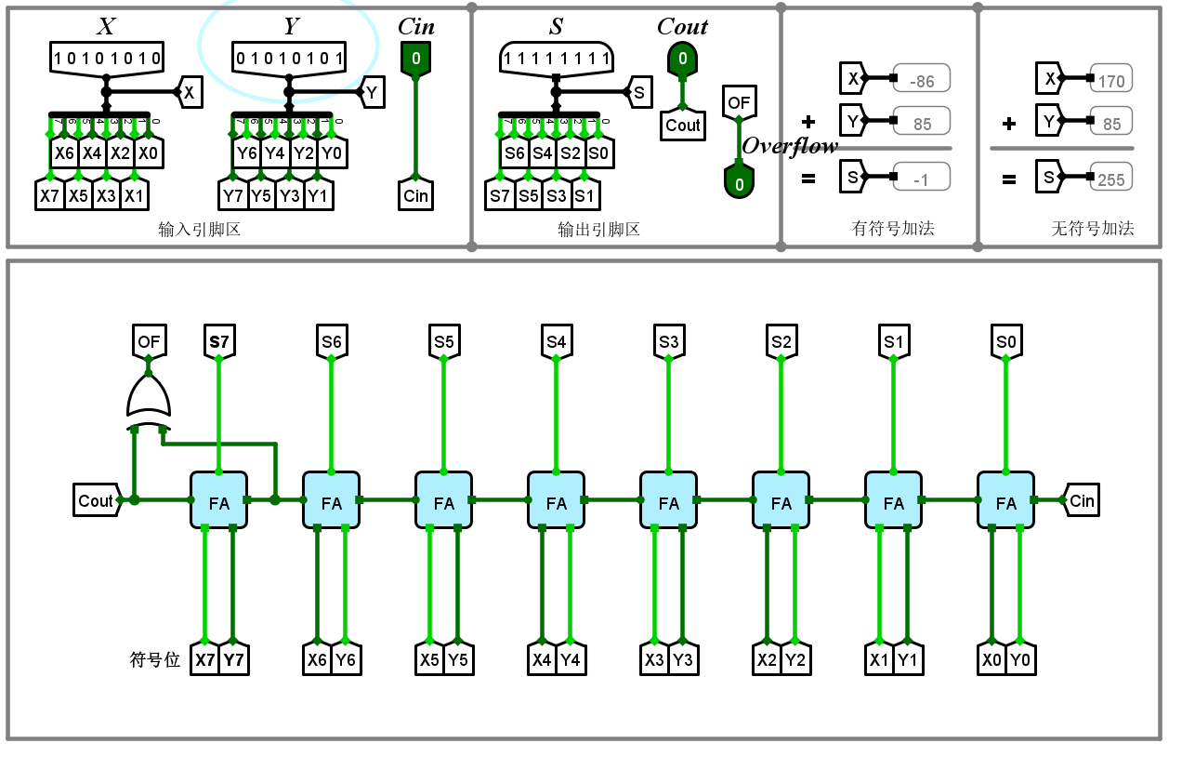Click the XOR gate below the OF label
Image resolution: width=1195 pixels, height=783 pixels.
tap(149, 397)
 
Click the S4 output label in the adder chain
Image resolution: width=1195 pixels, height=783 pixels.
tap(556, 342)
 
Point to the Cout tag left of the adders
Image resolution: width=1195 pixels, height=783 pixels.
tap(97, 500)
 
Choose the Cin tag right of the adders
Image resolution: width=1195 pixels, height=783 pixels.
tap(1081, 500)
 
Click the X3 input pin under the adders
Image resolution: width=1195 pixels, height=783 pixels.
tap(654, 660)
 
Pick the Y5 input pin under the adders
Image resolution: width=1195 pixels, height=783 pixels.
tap(458, 660)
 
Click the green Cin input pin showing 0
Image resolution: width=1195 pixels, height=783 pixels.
tap(415, 60)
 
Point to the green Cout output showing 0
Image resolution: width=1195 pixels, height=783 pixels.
tap(682, 60)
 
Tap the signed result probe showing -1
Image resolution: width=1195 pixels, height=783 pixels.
tap(921, 179)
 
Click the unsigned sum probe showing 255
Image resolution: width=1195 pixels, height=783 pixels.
tap(1110, 179)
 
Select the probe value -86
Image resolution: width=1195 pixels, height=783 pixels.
tap(921, 81)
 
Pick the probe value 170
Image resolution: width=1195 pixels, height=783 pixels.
tap(1110, 81)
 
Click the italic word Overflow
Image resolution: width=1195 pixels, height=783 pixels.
tap(790, 146)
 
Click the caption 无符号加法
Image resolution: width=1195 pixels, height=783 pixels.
tap(1092, 228)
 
